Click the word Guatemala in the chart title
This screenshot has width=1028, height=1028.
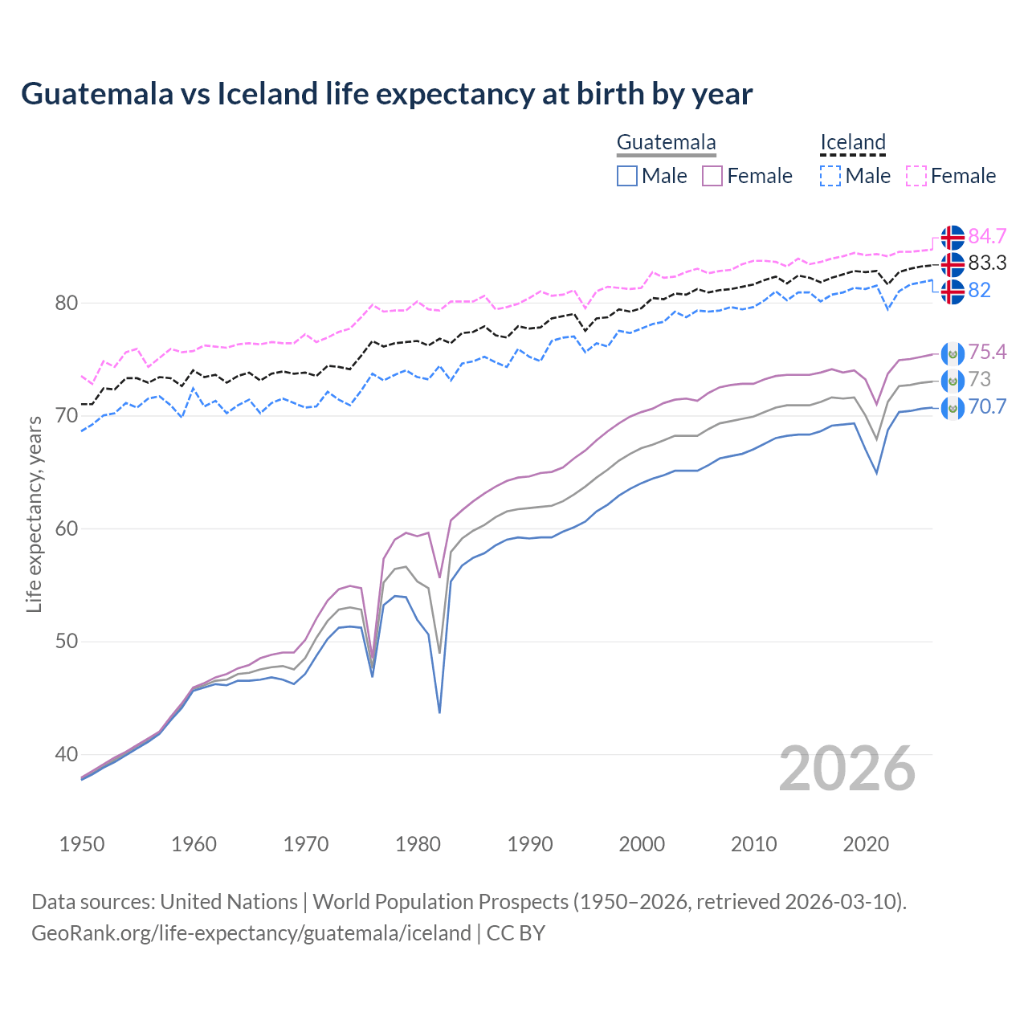97,94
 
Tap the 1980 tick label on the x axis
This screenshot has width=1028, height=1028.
418,844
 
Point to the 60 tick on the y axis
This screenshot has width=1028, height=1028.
67,528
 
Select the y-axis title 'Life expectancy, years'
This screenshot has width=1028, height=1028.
34,515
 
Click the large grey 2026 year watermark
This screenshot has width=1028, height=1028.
847,769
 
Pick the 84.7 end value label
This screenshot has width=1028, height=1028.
987,236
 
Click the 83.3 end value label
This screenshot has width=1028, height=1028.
987,263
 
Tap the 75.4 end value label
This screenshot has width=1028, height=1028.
987,352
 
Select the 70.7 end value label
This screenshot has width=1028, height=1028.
987,406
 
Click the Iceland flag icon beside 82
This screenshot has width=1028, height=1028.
953,291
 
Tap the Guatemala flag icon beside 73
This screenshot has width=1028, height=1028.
953,380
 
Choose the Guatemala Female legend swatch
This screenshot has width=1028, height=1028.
712,176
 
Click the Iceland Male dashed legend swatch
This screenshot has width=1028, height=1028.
830,176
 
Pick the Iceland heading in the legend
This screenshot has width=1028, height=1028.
852,142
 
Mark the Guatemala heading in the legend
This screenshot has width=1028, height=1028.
666,142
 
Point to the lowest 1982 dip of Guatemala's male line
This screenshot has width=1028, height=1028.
439,712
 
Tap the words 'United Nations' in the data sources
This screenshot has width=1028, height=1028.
229,901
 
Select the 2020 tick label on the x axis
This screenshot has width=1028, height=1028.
866,844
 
